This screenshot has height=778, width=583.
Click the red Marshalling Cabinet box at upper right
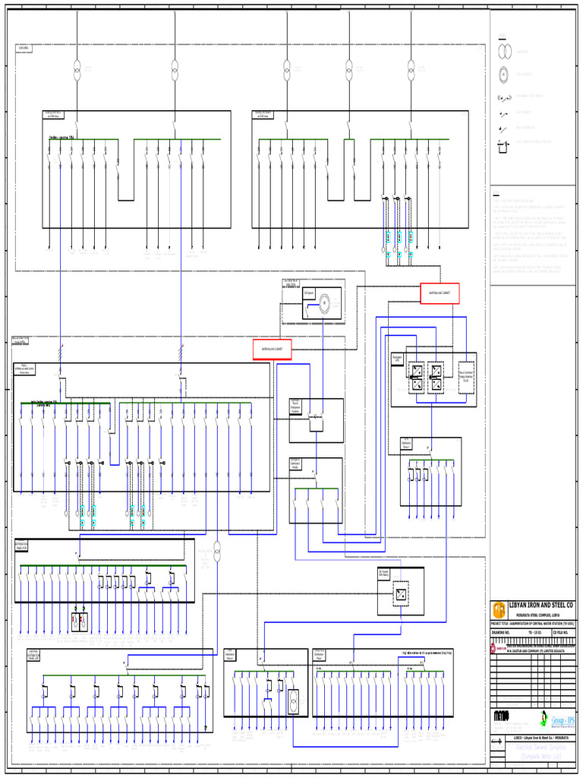click(x=440, y=293)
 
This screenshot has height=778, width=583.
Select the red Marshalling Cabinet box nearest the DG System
click(x=273, y=349)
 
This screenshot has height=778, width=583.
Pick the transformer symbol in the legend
click(x=503, y=52)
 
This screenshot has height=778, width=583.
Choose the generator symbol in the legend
click(x=503, y=74)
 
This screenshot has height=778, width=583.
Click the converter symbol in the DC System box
click(x=400, y=596)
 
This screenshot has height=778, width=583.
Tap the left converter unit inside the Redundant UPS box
click(x=416, y=378)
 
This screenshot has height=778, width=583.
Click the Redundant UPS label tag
click(x=398, y=357)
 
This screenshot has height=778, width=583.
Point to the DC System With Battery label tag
click(x=386, y=574)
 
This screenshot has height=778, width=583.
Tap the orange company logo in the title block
click(x=499, y=609)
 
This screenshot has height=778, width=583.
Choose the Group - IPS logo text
click(x=563, y=719)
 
